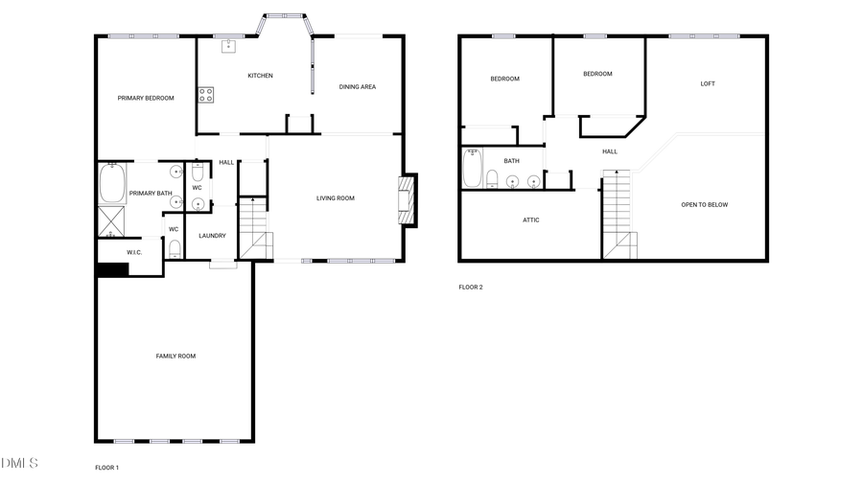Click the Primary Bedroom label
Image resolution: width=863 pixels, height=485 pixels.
(x=146, y=98)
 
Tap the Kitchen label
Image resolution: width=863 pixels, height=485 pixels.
(x=260, y=76)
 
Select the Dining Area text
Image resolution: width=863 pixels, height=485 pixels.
(x=357, y=87)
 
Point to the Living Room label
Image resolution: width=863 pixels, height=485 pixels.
(x=336, y=198)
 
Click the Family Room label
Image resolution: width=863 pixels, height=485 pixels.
(x=175, y=356)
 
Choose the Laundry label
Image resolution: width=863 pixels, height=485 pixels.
(x=212, y=236)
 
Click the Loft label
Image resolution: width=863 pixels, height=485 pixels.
(x=708, y=83)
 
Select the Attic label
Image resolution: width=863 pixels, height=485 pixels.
(x=531, y=219)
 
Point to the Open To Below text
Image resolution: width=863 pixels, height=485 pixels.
(x=704, y=204)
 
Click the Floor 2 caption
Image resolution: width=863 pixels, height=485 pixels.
(x=470, y=287)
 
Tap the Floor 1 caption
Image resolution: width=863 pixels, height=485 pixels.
(x=106, y=468)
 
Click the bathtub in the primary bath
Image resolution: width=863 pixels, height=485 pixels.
(x=111, y=183)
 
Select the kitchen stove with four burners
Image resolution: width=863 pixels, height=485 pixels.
(x=205, y=94)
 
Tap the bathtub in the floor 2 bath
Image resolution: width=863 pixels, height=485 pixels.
(x=473, y=169)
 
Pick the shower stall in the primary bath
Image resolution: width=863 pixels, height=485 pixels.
(x=111, y=221)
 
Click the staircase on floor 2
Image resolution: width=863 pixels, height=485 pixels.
(x=618, y=213)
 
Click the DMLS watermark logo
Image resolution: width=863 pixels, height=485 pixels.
(x=20, y=464)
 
